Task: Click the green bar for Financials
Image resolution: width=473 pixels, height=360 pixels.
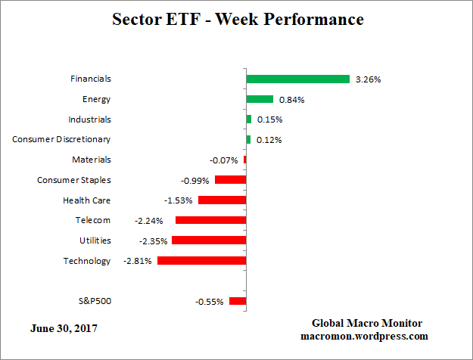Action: click(x=297, y=79)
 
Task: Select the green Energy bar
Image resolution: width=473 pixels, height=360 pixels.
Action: click(x=260, y=99)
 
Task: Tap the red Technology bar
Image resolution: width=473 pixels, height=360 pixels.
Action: click(x=201, y=261)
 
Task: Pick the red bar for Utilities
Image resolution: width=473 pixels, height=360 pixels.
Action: click(x=209, y=241)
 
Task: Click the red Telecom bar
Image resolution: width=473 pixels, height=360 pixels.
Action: click(x=210, y=220)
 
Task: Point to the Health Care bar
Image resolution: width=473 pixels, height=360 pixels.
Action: click(x=222, y=200)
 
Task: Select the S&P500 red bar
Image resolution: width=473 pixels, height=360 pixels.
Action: click(x=238, y=301)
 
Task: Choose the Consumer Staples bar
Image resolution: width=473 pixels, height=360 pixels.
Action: click(x=230, y=180)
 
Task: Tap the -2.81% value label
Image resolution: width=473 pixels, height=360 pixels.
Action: click(x=137, y=261)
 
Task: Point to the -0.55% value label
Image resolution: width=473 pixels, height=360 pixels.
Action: click(x=209, y=302)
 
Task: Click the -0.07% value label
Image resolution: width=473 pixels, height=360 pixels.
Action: click(x=224, y=160)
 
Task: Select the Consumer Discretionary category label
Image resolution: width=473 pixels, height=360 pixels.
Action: click(x=62, y=139)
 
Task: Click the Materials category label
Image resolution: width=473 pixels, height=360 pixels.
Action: click(x=92, y=160)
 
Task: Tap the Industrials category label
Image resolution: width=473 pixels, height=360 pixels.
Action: click(x=89, y=119)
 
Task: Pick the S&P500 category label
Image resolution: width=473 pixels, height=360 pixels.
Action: click(x=95, y=301)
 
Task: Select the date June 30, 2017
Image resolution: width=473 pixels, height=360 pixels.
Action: click(x=64, y=329)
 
